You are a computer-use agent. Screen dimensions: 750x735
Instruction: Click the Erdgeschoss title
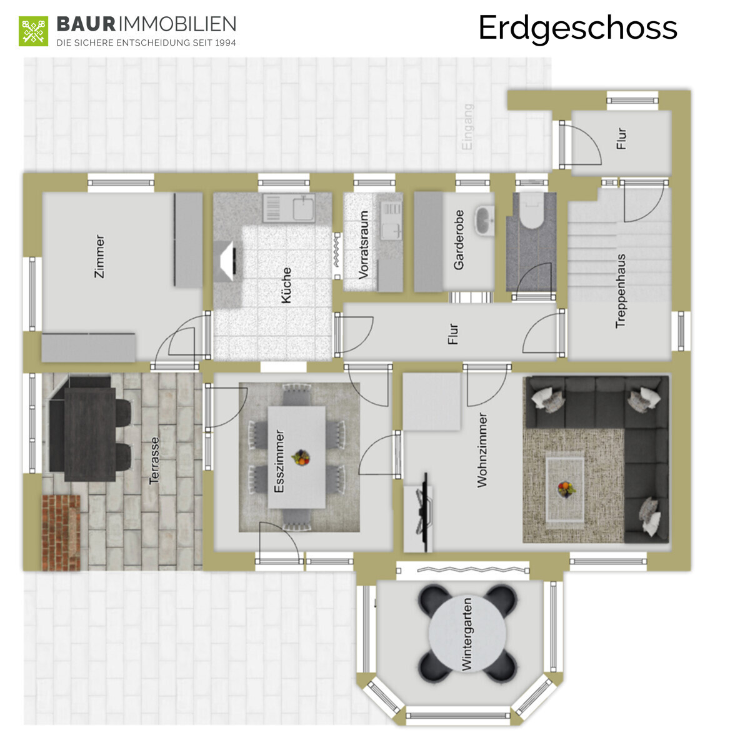click(577, 28)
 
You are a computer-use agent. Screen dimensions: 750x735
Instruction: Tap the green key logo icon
click(34, 31)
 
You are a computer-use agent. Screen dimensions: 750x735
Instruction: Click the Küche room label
click(286, 285)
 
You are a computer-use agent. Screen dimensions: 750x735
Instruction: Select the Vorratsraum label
click(364, 245)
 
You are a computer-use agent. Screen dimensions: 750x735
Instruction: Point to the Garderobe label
click(459, 240)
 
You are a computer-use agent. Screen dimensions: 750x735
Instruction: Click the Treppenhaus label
click(621, 291)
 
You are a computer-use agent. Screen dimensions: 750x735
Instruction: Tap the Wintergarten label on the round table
click(466, 634)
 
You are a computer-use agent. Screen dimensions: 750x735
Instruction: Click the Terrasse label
click(154, 461)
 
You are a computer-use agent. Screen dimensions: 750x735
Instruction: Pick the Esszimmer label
click(279, 461)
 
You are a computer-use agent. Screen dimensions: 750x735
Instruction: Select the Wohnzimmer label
click(482, 450)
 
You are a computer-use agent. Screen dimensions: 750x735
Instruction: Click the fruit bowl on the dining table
click(301, 457)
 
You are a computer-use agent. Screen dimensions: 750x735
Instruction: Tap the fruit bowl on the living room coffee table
click(566, 489)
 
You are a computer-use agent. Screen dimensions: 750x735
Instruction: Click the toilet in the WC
click(532, 212)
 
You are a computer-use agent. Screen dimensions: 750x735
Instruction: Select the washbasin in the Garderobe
click(484, 221)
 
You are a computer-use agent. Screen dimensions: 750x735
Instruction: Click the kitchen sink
click(288, 208)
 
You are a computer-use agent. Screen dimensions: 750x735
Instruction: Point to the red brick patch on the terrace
click(61, 532)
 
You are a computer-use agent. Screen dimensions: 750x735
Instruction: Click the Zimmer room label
click(99, 256)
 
